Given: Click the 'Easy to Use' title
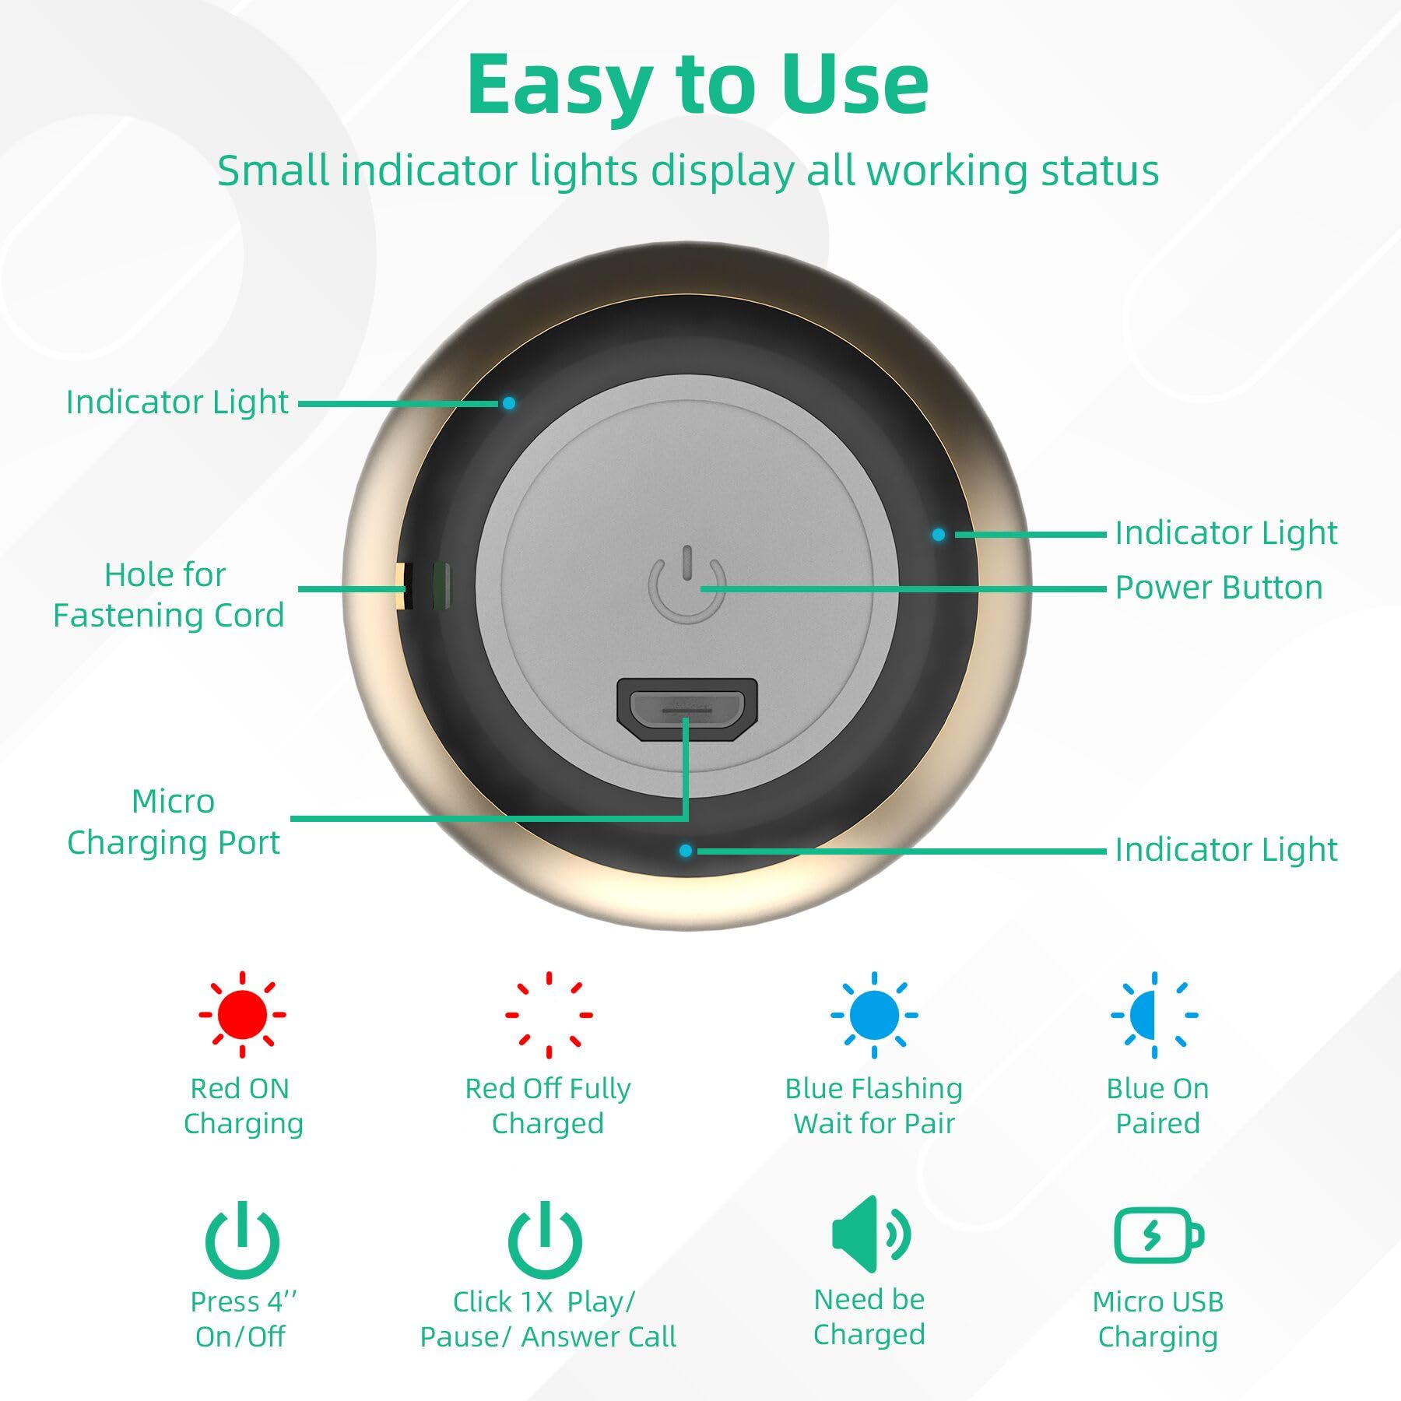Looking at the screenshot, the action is [697, 84].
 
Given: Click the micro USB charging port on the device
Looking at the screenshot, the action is [686, 709].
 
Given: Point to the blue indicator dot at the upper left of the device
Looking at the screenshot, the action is [508, 403].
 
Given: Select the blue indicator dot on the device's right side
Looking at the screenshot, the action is [939, 535].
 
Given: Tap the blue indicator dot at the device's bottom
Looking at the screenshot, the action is [686, 851].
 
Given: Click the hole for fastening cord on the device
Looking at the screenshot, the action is [423, 585].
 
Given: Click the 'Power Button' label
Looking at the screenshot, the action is [1219, 588].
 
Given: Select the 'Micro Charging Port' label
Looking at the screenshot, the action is [174, 822].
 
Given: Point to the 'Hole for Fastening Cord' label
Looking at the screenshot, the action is [168, 595].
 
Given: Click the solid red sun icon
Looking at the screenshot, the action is [242, 1014].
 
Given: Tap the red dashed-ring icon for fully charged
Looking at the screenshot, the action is [549, 1014].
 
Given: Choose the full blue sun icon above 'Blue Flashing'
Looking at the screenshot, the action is [874, 1014].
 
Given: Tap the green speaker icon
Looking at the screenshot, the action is [870, 1234].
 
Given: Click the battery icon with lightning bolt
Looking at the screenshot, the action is [1159, 1235].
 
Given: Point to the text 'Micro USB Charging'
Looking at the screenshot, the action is [1158, 1318].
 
